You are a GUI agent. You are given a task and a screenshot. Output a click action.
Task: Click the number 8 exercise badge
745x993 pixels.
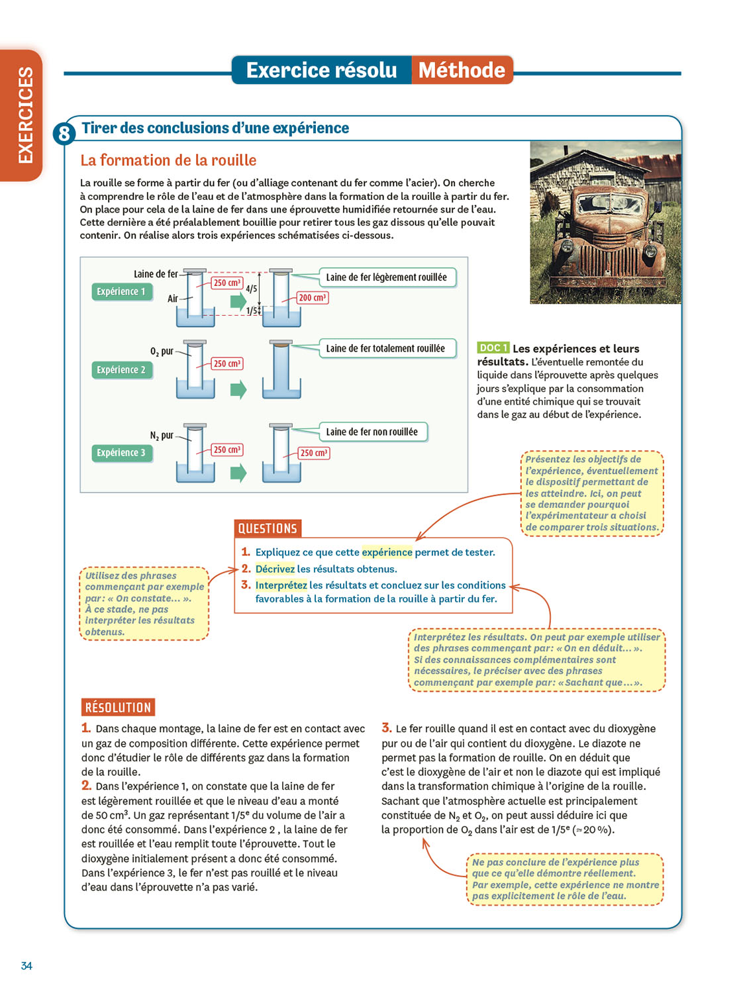pyautogui.click(x=64, y=134)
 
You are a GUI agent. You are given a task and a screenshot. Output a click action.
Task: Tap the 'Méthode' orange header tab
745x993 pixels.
pyautogui.click(x=462, y=70)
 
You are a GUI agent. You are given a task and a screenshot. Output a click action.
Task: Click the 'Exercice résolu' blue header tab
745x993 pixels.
pyautogui.click(x=322, y=70)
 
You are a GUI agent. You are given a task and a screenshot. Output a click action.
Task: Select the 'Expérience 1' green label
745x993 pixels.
pyautogui.click(x=121, y=292)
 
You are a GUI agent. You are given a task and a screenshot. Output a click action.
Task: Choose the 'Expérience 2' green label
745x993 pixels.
pyautogui.click(x=121, y=370)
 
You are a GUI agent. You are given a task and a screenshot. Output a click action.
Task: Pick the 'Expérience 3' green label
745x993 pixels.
pyautogui.click(x=121, y=453)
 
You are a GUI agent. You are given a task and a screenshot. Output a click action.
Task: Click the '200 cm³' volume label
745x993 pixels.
pyautogui.click(x=312, y=298)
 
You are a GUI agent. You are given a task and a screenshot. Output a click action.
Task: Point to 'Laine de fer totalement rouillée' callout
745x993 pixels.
pyautogui.click(x=385, y=348)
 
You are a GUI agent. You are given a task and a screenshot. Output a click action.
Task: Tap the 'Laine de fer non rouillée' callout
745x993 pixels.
pyautogui.click(x=372, y=432)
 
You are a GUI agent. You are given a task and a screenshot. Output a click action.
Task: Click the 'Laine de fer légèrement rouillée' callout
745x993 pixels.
pyautogui.click(x=387, y=277)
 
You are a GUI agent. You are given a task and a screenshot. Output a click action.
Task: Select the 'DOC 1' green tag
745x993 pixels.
pyautogui.click(x=493, y=348)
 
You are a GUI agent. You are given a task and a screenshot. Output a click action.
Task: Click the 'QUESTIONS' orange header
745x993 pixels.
pyautogui.click(x=268, y=528)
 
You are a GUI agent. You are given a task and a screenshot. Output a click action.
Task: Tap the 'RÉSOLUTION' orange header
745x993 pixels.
pyautogui.click(x=118, y=708)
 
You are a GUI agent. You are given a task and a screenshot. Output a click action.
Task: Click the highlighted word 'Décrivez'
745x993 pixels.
pyautogui.click(x=275, y=569)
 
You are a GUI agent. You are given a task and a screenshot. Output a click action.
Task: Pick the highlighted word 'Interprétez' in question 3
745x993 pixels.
pyautogui.click(x=281, y=585)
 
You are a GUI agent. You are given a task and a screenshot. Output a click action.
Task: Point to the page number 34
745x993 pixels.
pyautogui.click(x=26, y=966)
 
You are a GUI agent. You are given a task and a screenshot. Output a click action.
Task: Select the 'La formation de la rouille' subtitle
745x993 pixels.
pyautogui.click(x=168, y=160)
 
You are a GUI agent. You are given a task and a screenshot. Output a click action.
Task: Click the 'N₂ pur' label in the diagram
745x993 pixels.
pyautogui.click(x=162, y=436)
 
